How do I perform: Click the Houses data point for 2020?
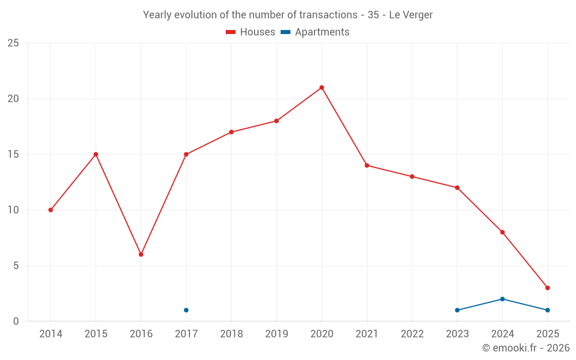click(x=321, y=88)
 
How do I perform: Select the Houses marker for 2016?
click(x=141, y=255)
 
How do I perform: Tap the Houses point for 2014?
click(x=51, y=210)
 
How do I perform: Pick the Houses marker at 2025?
click(x=547, y=288)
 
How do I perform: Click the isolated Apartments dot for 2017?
click(x=186, y=310)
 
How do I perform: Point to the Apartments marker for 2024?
click(x=502, y=299)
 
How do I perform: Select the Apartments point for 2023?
click(x=457, y=310)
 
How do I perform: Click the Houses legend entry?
click(x=251, y=32)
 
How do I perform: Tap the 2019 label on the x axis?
click(x=276, y=334)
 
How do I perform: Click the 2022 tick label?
click(x=412, y=334)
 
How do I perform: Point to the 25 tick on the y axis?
click(x=13, y=43)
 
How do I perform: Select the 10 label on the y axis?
click(x=13, y=210)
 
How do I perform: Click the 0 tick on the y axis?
click(x=16, y=321)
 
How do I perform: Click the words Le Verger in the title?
click(x=411, y=15)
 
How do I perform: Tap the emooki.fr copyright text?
click(x=526, y=348)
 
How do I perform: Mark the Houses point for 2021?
click(x=367, y=165)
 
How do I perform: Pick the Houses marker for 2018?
click(x=231, y=132)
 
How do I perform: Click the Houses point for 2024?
click(x=502, y=232)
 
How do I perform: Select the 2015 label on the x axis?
click(x=96, y=334)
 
